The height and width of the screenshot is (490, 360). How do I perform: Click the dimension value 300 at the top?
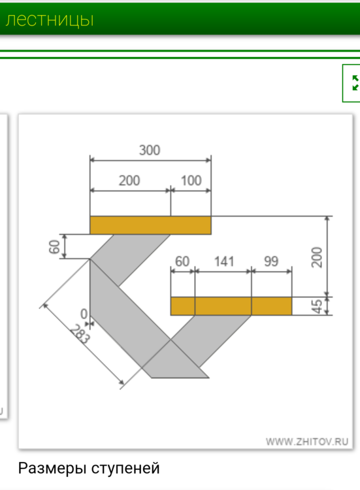click(150, 150)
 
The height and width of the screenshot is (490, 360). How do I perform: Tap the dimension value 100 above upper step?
click(191, 181)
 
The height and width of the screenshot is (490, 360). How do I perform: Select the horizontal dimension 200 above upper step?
click(129, 181)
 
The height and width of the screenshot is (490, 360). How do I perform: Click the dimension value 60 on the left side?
click(54, 246)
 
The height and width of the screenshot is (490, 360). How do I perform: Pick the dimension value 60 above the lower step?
click(182, 262)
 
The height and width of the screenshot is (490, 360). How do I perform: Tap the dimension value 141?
click(223, 262)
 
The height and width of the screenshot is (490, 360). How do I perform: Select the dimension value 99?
click(271, 262)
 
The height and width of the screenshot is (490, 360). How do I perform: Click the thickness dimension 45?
click(316, 306)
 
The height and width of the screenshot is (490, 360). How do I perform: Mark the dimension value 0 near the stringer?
click(84, 314)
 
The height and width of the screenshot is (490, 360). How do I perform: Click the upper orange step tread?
click(150, 225)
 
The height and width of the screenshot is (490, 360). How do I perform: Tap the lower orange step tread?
click(231, 306)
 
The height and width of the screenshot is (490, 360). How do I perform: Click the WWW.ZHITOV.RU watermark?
click(307, 442)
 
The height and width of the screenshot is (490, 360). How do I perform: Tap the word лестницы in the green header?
click(49, 20)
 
